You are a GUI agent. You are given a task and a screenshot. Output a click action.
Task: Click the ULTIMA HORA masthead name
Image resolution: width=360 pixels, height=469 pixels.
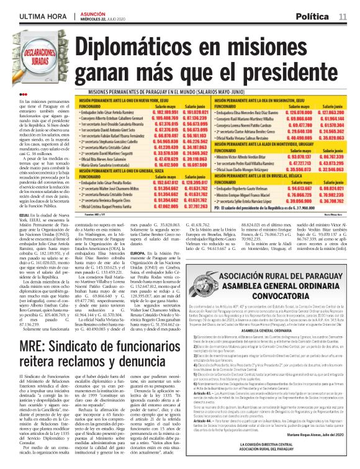click(x=29, y=14)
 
